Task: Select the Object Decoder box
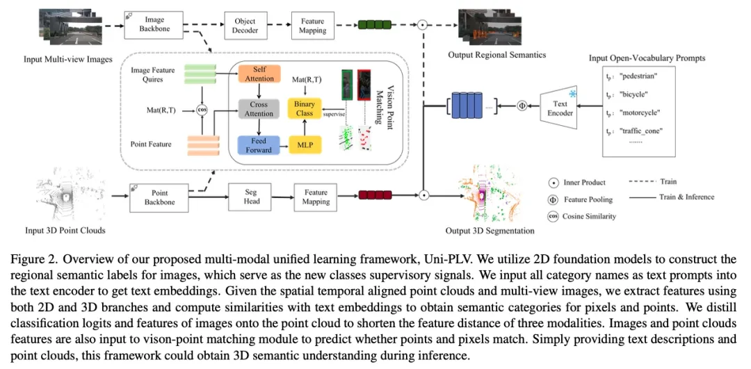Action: click(245, 25)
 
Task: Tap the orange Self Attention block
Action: click(259, 74)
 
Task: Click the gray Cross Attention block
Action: click(259, 109)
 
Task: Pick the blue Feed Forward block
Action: click(259, 145)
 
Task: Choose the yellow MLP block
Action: click(305, 145)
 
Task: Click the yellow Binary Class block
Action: click(305, 109)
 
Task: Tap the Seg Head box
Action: click(252, 197)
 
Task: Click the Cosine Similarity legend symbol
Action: click(554, 216)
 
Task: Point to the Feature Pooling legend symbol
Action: click(554, 199)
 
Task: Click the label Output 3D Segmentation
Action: click(490, 231)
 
